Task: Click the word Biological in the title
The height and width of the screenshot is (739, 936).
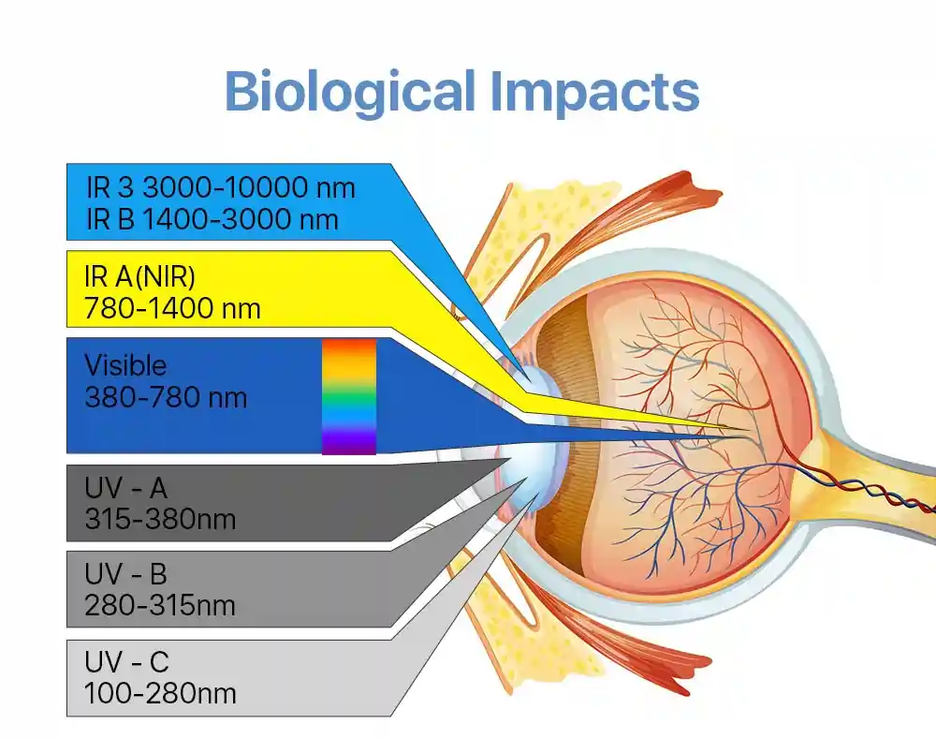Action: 350,93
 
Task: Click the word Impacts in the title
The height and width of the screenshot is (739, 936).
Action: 594,93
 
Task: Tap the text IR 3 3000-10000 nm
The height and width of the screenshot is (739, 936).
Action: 221,187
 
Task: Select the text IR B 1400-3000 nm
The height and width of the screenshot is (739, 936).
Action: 212,219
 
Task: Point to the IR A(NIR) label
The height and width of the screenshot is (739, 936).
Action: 139,276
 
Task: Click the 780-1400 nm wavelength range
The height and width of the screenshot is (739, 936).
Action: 172,309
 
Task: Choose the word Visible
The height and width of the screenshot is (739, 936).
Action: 125,365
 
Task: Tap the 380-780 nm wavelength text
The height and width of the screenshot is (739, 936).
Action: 166,397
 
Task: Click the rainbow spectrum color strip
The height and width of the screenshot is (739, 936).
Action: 349,397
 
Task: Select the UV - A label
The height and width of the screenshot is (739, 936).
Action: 126,488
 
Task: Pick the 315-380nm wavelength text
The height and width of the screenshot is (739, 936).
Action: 160,519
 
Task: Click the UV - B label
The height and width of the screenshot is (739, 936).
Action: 126,574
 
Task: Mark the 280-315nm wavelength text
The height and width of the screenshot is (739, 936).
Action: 160,605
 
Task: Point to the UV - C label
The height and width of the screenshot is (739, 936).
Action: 126,662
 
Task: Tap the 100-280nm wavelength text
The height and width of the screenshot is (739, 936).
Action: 160,693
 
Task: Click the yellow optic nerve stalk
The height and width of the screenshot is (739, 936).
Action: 878,478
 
